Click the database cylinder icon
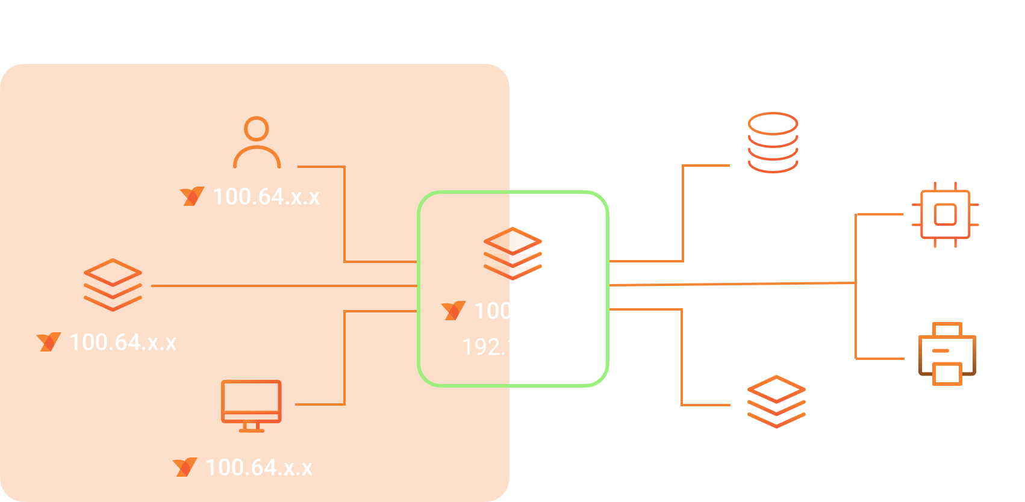(x=773, y=143)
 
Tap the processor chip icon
(x=945, y=214)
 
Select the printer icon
(x=947, y=354)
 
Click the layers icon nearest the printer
(x=776, y=401)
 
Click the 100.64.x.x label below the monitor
(x=259, y=468)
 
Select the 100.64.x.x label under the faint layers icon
(x=123, y=342)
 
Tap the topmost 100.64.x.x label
(x=266, y=197)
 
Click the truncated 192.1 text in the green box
(x=488, y=347)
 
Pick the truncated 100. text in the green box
(x=493, y=311)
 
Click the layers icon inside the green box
(x=513, y=253)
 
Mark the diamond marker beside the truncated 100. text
(x=454, y=312)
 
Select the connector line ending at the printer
(x=879, y=359)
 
